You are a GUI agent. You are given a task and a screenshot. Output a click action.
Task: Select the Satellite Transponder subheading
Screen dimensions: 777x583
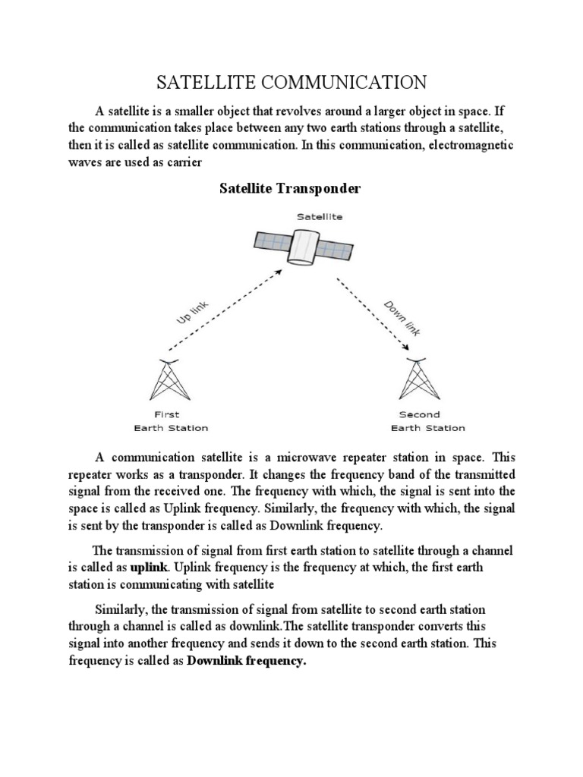click(290, 188)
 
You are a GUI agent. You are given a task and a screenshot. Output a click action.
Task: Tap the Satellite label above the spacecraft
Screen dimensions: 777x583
click(319, 216)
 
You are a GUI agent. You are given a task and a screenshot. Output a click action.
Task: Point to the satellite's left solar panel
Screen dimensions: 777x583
click(271, 241)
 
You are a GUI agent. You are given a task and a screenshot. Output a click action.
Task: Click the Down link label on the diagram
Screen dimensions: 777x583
click(402, 316)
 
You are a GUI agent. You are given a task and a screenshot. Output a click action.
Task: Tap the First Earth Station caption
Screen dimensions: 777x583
click(170, 421)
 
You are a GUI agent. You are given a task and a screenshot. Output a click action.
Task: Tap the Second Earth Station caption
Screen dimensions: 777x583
click(427, 421)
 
